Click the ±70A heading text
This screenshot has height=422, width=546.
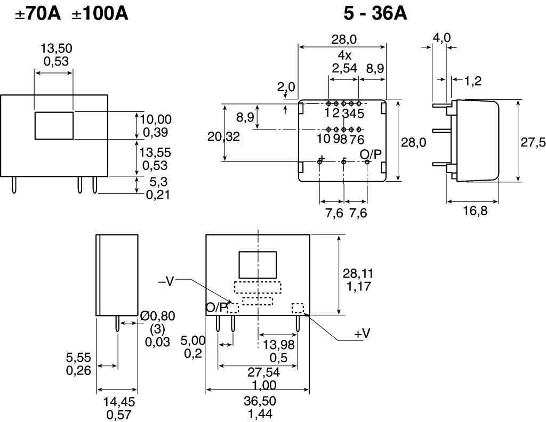coord(38,14)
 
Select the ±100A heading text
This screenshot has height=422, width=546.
coord(100,14)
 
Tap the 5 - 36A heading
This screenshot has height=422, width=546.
coord(375,14)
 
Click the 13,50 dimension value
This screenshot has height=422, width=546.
coord(57,48)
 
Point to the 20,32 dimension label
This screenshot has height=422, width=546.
coord(223,137)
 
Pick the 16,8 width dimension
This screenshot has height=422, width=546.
coord(475,210)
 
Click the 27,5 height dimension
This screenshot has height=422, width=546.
coord(533,142)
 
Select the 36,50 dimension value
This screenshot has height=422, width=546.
coord(260,401)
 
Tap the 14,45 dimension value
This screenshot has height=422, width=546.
coord(119,402)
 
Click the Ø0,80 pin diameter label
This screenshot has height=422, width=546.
coord(157,316)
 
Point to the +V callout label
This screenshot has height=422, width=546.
coord(362,334)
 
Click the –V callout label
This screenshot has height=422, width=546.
coord(166,281)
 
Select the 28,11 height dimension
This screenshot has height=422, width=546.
coord(358,273)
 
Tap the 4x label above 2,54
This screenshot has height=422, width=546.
coord(344,55)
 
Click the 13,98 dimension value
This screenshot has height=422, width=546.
coord(278,345)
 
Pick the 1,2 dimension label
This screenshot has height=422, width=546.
coord(473,80)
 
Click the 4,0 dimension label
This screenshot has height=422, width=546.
coord(441,38)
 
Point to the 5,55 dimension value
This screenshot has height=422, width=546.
coord(78,358)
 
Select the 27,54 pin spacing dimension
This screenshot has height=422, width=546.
coord(263,372)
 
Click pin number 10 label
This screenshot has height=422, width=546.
coord(324,139)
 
